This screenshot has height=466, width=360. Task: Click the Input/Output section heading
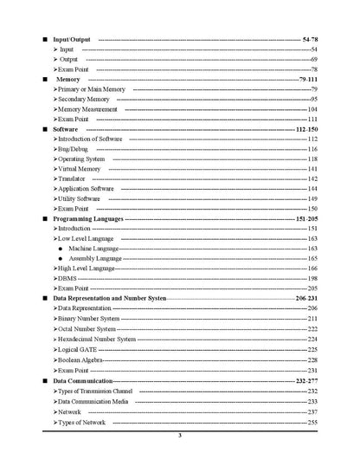coord(72,40)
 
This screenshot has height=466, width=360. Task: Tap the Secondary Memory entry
coord(83,100)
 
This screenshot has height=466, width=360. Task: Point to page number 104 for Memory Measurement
coord(312,110)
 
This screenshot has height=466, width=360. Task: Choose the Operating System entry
coord(81,159)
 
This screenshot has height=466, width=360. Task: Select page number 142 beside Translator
coord(312,178)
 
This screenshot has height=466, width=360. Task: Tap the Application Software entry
coord(86,189)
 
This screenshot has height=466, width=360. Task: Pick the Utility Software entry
coord(80,199)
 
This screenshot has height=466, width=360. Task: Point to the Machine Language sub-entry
coord(95,249)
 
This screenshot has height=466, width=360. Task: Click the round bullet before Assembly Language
coord(60,259)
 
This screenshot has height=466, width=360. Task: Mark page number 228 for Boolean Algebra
coord(312,359)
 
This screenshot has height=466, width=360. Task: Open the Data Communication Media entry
coord(93,402)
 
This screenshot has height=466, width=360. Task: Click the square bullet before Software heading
coord(45,129)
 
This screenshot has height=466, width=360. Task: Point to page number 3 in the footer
coord(180,436)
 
